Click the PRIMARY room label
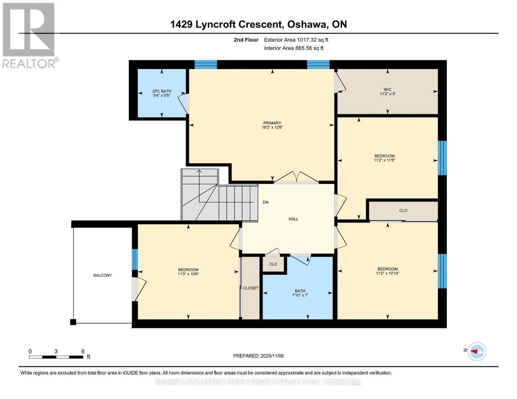(272, 123)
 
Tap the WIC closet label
(387, 89)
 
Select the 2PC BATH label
(162, 91)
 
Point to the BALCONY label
(103, 275)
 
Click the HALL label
(293, 219)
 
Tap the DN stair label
(266, 202)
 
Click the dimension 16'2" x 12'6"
(272, 127)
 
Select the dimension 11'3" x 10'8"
(188, 274)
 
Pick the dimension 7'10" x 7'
(300, 295)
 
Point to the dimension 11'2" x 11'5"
(384, 160)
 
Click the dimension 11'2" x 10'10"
(387, 273)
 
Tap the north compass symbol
(477, 352)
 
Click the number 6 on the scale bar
(83, 351)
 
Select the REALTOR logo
(29, 36)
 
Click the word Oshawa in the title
(307, 25)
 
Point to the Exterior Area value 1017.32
(305, 40)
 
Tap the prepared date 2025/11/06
(272, 356)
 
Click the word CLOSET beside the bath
(251, 288)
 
